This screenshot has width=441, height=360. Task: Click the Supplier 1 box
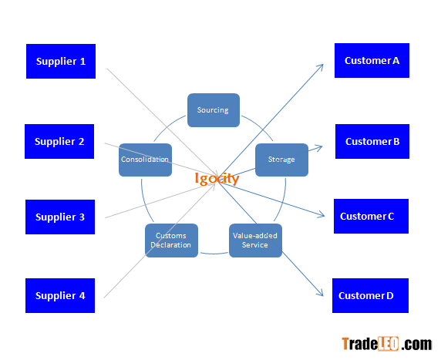pos(61,61)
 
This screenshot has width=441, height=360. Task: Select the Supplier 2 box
pos(59,141)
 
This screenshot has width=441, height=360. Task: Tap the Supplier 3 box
pos(60,217)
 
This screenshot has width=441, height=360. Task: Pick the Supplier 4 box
pos(60,295)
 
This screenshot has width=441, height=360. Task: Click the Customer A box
pos(372,60)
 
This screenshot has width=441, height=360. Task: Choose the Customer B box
pos(372,141)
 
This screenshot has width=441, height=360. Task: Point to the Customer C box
pos(372,216)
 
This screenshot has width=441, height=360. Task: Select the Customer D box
pos(370,295)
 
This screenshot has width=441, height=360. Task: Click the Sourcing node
pos(214,110)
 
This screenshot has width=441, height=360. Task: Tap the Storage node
pos(281,160)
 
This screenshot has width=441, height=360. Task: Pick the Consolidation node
pos(145,160)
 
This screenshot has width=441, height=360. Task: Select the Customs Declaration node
pos(171,241)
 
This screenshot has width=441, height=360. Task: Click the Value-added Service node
pos(255,241)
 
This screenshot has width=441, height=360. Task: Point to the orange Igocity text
pos(217,179)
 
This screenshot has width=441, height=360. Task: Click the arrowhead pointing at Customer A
pos(320,68)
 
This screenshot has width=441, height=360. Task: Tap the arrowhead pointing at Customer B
pos(319,147)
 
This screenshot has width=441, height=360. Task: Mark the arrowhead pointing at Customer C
pos(321,215)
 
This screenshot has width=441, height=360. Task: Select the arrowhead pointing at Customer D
pos(320,292)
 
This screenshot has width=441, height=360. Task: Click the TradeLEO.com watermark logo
pos(387,344)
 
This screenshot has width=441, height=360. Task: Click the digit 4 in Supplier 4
pos(82,295)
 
